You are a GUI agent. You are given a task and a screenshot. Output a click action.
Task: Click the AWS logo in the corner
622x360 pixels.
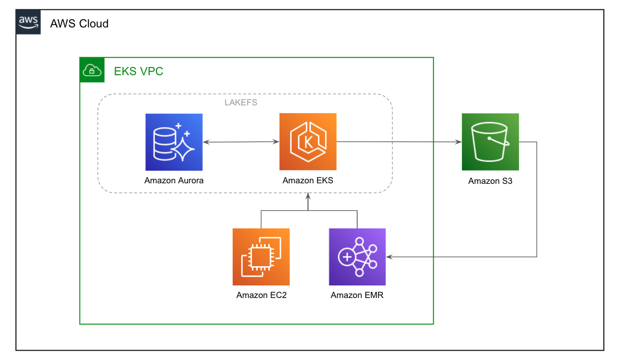[x=28, y=22]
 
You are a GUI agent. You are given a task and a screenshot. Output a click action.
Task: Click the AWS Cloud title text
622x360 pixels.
[x=79, y=24]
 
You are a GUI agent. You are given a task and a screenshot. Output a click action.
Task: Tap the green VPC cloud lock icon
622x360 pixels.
[x=92, y=70]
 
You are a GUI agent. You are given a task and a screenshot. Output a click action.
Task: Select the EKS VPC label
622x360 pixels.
[x=138, y=71]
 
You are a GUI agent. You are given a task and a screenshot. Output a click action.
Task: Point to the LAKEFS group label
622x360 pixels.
[x=241, y=102]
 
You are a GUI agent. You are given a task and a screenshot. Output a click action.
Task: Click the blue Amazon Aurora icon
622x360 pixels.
[x=174, y=142]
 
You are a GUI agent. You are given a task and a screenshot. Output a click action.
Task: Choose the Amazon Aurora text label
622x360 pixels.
[x=174, y=181]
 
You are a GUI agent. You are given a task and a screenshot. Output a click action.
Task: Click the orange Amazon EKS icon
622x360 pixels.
[x=308, y=142]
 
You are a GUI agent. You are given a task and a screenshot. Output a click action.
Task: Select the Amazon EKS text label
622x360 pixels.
[x=308, y=181]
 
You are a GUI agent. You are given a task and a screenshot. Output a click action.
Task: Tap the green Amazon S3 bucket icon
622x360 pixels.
[x=490, y=142]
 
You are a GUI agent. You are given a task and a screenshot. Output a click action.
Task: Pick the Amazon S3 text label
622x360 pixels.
[x=490, y=181]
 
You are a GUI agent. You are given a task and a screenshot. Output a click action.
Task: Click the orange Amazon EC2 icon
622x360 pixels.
[x=261, y=257]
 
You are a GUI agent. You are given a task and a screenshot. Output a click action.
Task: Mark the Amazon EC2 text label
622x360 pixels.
[x=261, y=295]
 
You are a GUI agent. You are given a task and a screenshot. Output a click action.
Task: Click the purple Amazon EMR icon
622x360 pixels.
[x=357, y=257]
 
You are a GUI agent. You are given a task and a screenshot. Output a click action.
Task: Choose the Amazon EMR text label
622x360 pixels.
[x=357, y=295]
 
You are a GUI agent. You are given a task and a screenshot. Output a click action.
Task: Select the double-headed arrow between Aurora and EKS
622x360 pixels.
[x=241, y=142]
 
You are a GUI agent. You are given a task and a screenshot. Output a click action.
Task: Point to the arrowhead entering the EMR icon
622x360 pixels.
[x=389, y=257]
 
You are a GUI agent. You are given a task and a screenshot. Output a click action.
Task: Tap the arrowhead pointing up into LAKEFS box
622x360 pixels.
[x=308, y=196]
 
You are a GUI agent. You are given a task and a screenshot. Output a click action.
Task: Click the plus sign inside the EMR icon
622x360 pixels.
[x=347, y=257]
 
